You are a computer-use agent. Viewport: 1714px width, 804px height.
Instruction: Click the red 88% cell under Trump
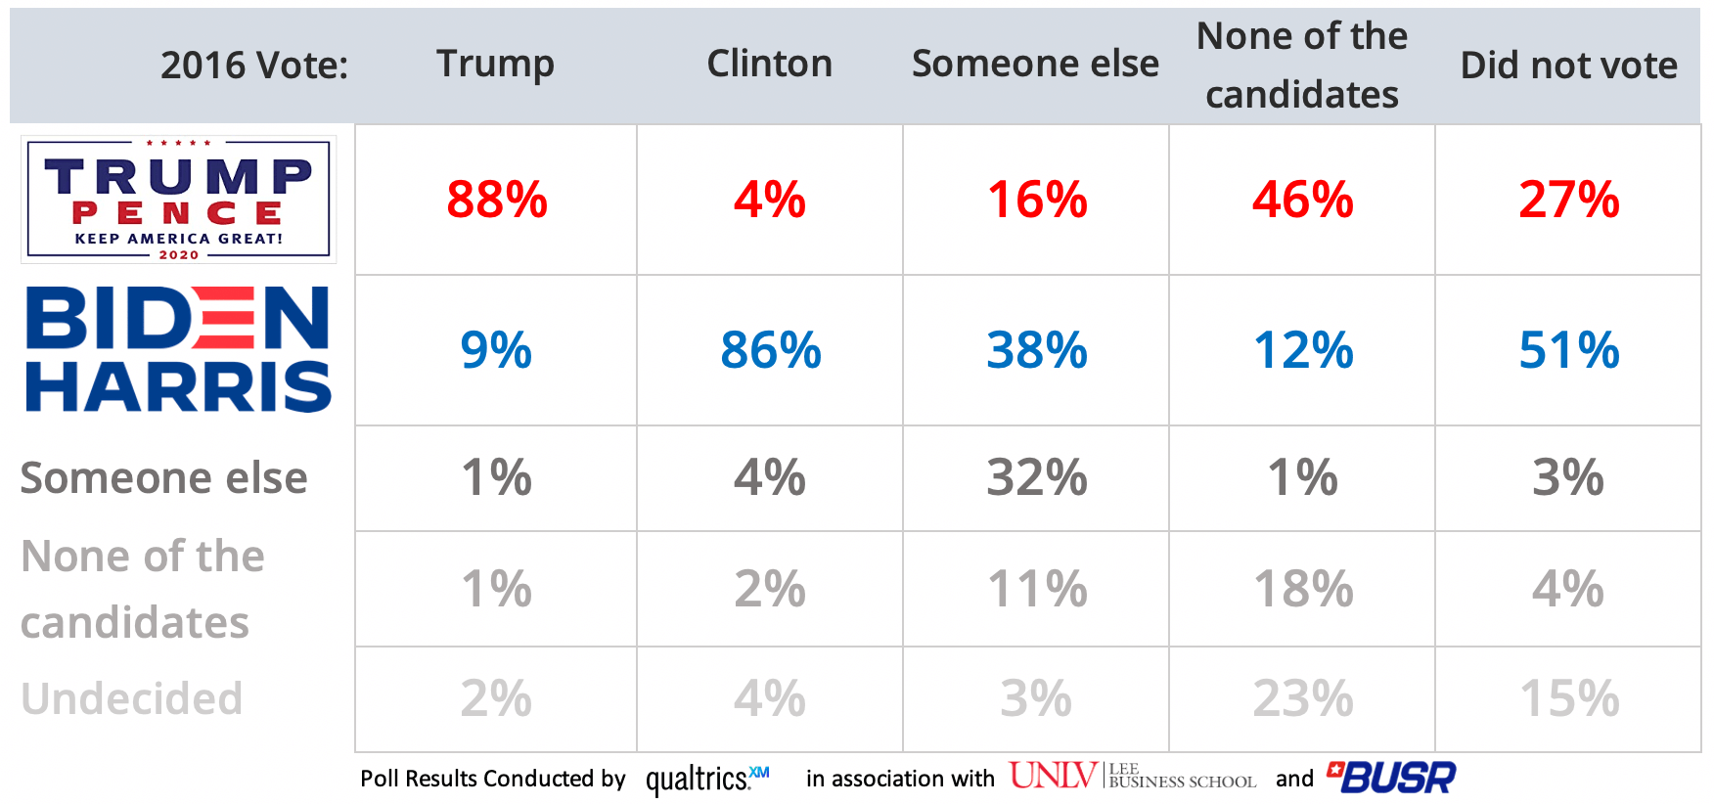(496, 200)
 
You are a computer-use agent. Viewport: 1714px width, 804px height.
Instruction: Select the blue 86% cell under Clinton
(770, 350)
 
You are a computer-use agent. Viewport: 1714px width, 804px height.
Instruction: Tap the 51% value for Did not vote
(1568, 350)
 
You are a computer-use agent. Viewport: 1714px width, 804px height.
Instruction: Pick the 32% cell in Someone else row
(1036, 478)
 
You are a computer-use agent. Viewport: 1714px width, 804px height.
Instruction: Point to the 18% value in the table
(1302, 589)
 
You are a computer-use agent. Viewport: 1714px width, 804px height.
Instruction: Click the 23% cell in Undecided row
(1302, 699)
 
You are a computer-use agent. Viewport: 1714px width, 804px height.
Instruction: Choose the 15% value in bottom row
(1568, 699)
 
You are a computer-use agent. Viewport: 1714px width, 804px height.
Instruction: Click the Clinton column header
(769, 64)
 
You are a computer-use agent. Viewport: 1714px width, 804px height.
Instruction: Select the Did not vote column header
(1568, 66)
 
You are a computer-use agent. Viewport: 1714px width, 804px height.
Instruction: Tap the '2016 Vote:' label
(254, 66)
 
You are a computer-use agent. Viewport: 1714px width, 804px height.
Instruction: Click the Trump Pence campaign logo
(179, 200)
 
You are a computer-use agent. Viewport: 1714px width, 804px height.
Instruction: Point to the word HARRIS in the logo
(179, 387)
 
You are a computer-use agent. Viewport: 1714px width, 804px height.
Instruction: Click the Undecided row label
(132, 699)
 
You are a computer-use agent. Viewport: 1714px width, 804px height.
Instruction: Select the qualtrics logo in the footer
(706, 779)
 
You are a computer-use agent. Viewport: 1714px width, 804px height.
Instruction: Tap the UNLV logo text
(1053, 776)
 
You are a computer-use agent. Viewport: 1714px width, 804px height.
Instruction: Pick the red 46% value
(1302, 200)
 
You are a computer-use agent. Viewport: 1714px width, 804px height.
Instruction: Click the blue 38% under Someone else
(1036, 350)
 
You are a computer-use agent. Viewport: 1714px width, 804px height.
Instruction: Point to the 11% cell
(1036, 589)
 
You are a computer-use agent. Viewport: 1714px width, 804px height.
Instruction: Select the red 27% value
(1568, 200)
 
